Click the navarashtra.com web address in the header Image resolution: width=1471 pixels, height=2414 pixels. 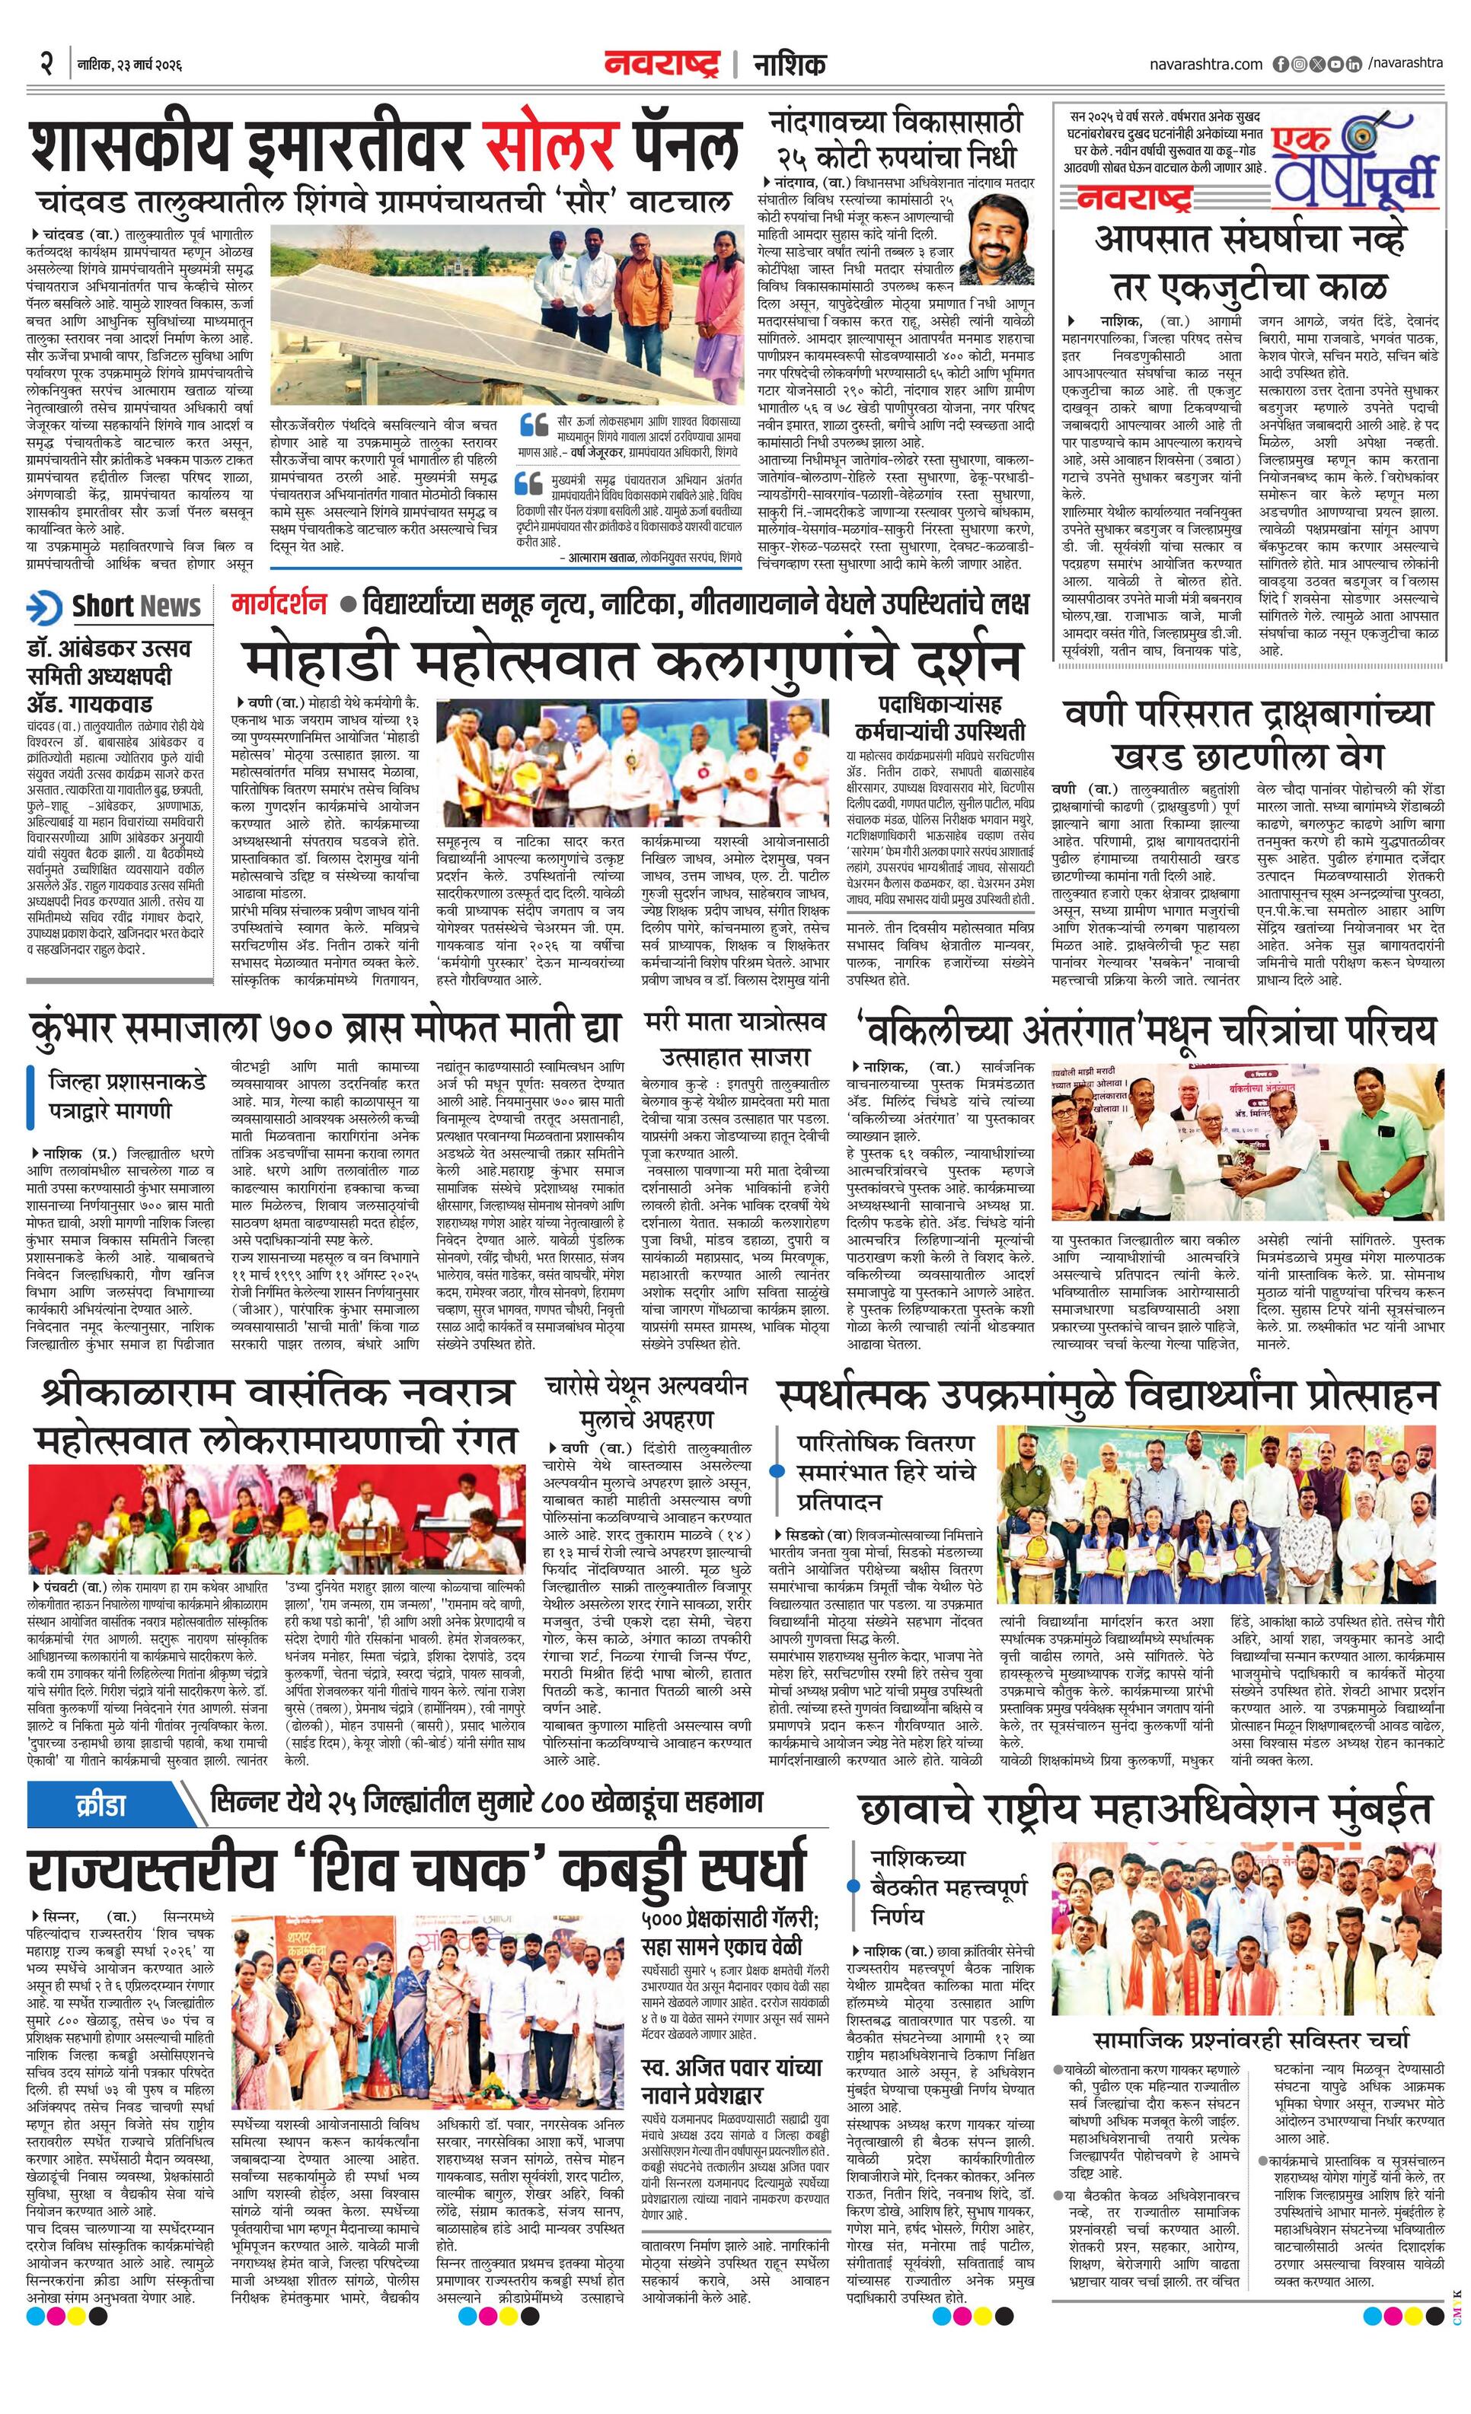[x=1206, y=64]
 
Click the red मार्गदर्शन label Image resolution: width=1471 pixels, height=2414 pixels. [x=279, y=603]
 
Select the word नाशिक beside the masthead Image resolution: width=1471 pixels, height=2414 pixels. [x=789, y=65]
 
